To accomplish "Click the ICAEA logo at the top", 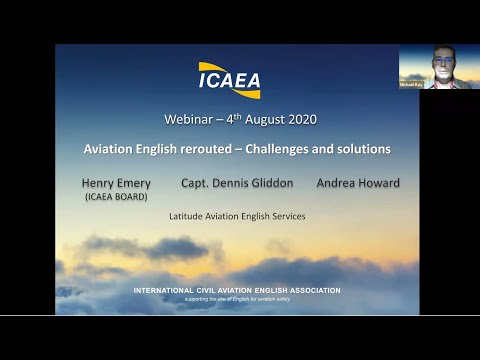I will pyautogui.click(x=229, y=78).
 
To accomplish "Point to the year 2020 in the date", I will pyautogui.click(x=299, y=120).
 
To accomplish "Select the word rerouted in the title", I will pyautogui.click(x=204, y=149).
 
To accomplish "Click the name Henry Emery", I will pyautogui.click(x=115, y=183).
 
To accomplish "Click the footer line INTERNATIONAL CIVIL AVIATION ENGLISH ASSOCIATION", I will pyautogui.click(x=237, y=290).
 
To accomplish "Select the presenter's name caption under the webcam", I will pyautogui.click(x=412, y=85).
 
